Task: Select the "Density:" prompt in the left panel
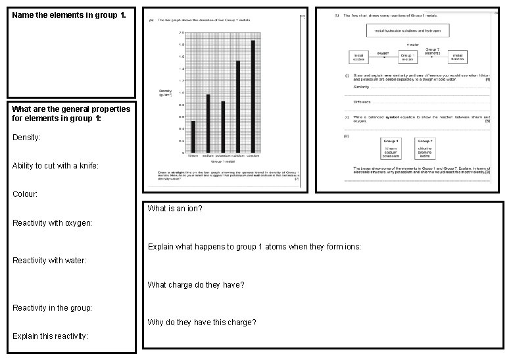point(26,138)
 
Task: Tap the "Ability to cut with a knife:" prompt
point(55,167)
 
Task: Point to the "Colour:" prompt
point(25,195)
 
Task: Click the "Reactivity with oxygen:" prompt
point(53,223)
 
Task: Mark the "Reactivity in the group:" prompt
point(53,308)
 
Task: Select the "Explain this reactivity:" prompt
point(50,336)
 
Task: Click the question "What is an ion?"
point(175,209)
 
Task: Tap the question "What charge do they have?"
point(196,285)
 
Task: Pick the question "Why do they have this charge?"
point(202,322)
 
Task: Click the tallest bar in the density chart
point(253,98)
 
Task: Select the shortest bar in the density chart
point(193,137)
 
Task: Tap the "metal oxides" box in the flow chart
point(358,57)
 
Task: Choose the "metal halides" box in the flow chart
point(458,57)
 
